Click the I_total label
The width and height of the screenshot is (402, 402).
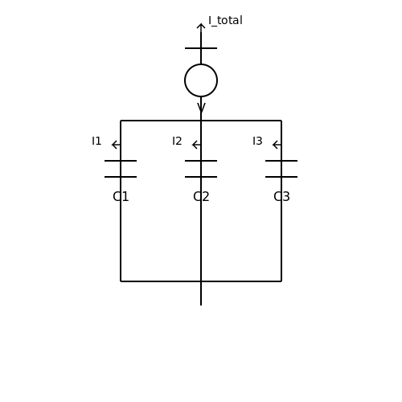coord(225,21)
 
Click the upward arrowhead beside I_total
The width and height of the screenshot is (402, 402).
coord(201,27)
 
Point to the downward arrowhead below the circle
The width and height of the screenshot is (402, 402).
coord(201,107)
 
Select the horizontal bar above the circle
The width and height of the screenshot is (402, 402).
coord(201,48)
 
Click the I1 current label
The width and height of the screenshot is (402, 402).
coord(96,141)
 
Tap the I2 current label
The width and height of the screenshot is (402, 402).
coord(177,141)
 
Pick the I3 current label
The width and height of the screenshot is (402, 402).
coord(257,141)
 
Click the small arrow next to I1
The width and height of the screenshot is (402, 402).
coord(116,145)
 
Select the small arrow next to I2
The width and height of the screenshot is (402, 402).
coord(196,145)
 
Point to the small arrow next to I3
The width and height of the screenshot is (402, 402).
coord(277,145)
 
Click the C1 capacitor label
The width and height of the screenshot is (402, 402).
coord(121,197)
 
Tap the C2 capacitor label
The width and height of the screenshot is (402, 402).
coord(201,197)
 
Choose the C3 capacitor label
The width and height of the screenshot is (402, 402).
coord(281,197)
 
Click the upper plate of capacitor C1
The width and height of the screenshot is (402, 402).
coord(121,161)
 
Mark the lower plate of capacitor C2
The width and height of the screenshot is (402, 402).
coord(201,177)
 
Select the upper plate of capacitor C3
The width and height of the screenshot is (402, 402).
coord(281,161)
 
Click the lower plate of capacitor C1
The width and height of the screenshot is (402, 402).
coord(121,177)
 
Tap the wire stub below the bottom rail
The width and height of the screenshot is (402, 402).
coord(201,293)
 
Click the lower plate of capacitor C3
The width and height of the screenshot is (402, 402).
coord(281,177)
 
